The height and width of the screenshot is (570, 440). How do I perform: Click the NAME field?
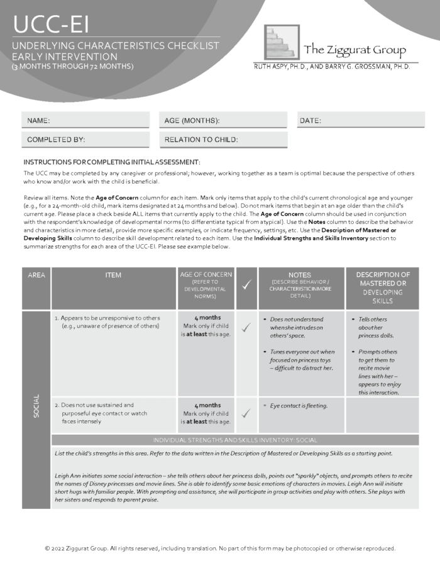tap(86, 120)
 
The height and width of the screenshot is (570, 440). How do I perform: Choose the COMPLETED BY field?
tap(86, 140)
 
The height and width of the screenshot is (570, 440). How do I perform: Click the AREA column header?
tap(36, 276)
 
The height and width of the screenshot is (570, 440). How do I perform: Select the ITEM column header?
tap(114, 276)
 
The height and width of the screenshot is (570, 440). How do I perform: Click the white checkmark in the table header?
tap(246, 286)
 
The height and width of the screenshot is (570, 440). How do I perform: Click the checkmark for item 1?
tap(246, 327)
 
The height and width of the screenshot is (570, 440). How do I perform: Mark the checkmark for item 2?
tap(246, 413)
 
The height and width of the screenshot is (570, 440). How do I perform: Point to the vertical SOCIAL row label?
tap(36, 409)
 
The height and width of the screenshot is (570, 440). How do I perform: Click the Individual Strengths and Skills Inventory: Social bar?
tap(234, 440)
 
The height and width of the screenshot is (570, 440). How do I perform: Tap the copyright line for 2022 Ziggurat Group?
tap(220, 549)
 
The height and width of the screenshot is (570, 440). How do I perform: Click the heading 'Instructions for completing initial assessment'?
tap(112, 162)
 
